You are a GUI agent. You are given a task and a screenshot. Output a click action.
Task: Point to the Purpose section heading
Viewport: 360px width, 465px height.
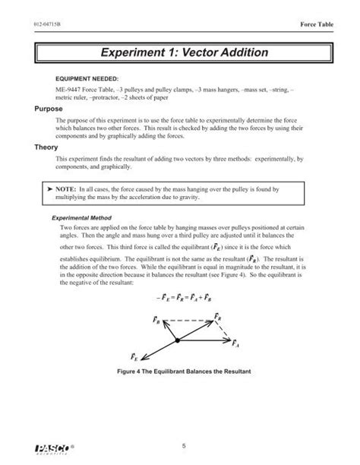point(40,109)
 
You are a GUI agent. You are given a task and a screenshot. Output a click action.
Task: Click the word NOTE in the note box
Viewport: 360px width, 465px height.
point(67,186)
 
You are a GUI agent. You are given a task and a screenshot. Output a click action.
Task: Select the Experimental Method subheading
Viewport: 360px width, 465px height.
point(83,217)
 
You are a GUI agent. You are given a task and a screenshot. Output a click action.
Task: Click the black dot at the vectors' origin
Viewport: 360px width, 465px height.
point(177,341)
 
